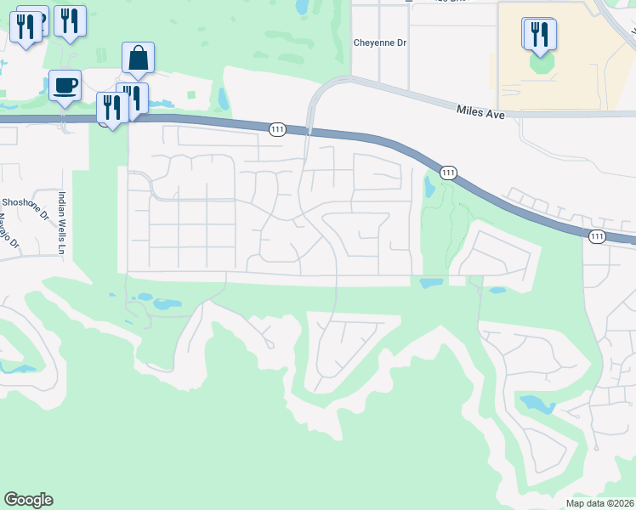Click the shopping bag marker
[138, 59]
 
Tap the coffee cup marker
[65, 86]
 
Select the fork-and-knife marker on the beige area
[540, 34]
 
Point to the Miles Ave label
[480, 110]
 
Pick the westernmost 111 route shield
[277, 129]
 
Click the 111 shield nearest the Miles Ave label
[447, 173]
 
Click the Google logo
[28, 500]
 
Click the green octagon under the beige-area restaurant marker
[540, 63]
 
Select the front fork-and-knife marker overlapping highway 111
[111, 108]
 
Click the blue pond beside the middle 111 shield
[429, 189]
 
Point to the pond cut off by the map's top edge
[301, 6]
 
